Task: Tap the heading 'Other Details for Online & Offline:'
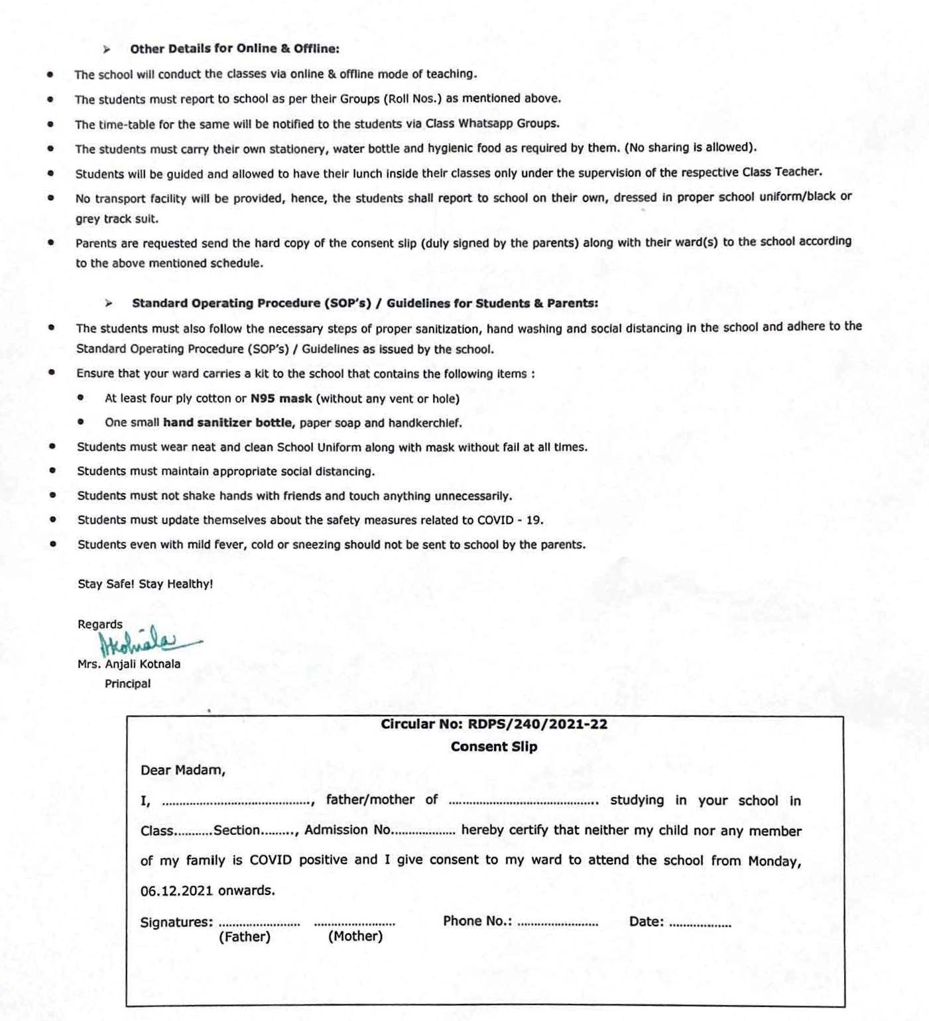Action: (x=234, y=48)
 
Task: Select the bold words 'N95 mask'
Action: (x=280, y=398)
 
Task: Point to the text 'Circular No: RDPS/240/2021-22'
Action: (x=493, y=724)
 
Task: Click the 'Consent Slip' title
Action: (x=493, y=747)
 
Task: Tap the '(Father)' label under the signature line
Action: (x=245, y=937)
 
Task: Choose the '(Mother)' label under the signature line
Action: (x=355, y=936)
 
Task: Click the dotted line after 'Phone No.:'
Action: (x=557, y=923)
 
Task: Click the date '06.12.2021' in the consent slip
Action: (x=176, y=890)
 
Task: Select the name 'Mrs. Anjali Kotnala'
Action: (x=129, y=664)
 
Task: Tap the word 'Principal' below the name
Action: (x=127, y=684)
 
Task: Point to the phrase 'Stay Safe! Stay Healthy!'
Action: (x=145, y=584)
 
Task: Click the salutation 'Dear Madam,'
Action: (x=182, y=770)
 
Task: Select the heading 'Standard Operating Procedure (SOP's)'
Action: (x=251, y=303)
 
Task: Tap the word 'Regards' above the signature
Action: (x=100, y=624)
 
